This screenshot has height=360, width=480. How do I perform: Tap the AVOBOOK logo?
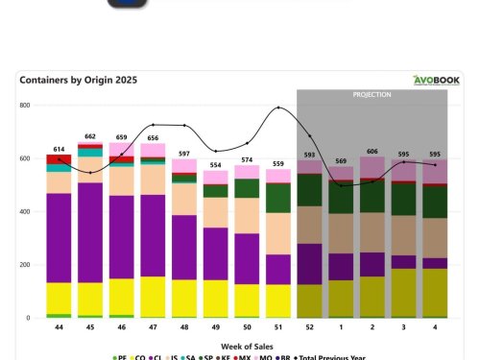pyautogui.click(x=436, y=81)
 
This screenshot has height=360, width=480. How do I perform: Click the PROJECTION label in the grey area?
pyautogui.click(x=372, y=95)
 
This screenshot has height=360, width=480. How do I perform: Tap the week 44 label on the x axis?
pyautogui.click(x=59, y=327)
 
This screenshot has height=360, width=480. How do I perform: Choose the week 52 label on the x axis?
pyautogui.click(x=309, y=327)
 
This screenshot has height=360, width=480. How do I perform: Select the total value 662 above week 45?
pyautogui.click(x=90, y=136)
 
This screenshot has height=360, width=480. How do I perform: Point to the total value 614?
pyautogui.click(x=59, y=149)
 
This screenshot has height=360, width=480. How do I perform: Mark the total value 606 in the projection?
pyautogui.click(x=372, y=152)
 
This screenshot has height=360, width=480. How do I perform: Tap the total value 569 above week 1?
pyautogui.click(x=341, y=160)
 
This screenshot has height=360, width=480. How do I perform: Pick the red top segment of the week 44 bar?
pyautogui.click(x=59, y=158)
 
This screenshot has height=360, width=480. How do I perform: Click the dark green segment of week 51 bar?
pyautogui.click(x=278, y=197)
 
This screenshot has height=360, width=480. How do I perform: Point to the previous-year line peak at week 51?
pyautogui.click(x=278, y=108)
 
